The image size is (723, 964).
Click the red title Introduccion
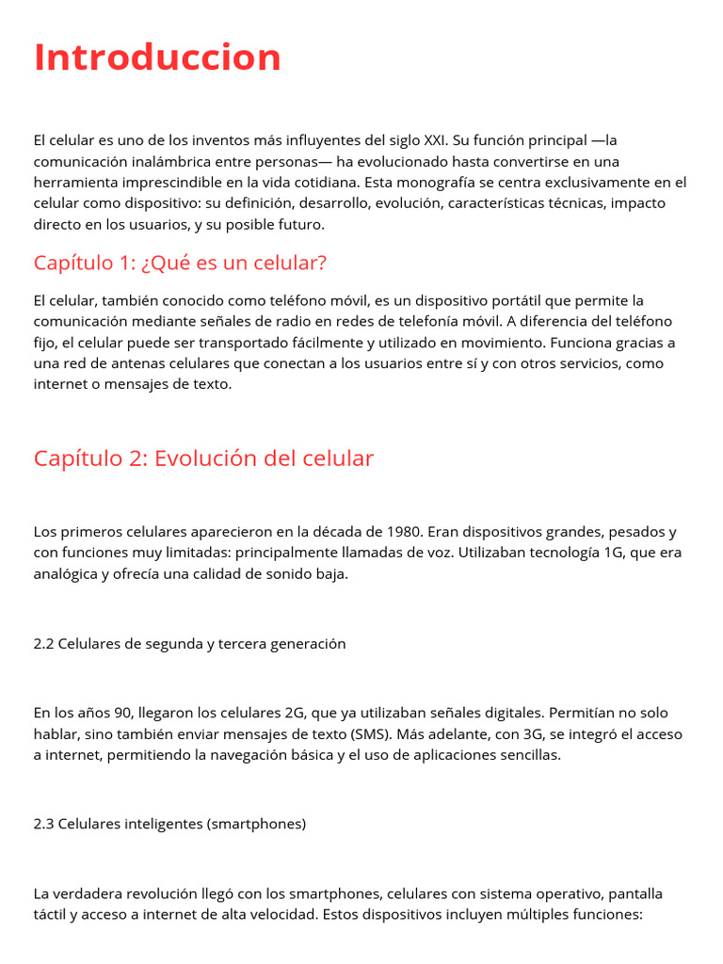(x=157, y=57)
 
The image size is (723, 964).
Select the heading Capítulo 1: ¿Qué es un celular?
(x=180, y=263)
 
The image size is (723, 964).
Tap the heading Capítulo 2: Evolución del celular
(x=203, y=458)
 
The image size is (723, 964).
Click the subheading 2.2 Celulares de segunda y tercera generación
(x=189, y=644)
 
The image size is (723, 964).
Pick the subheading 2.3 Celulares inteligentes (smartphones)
(x=169, y=824)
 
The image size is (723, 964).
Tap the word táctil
(x=51, y=914)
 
